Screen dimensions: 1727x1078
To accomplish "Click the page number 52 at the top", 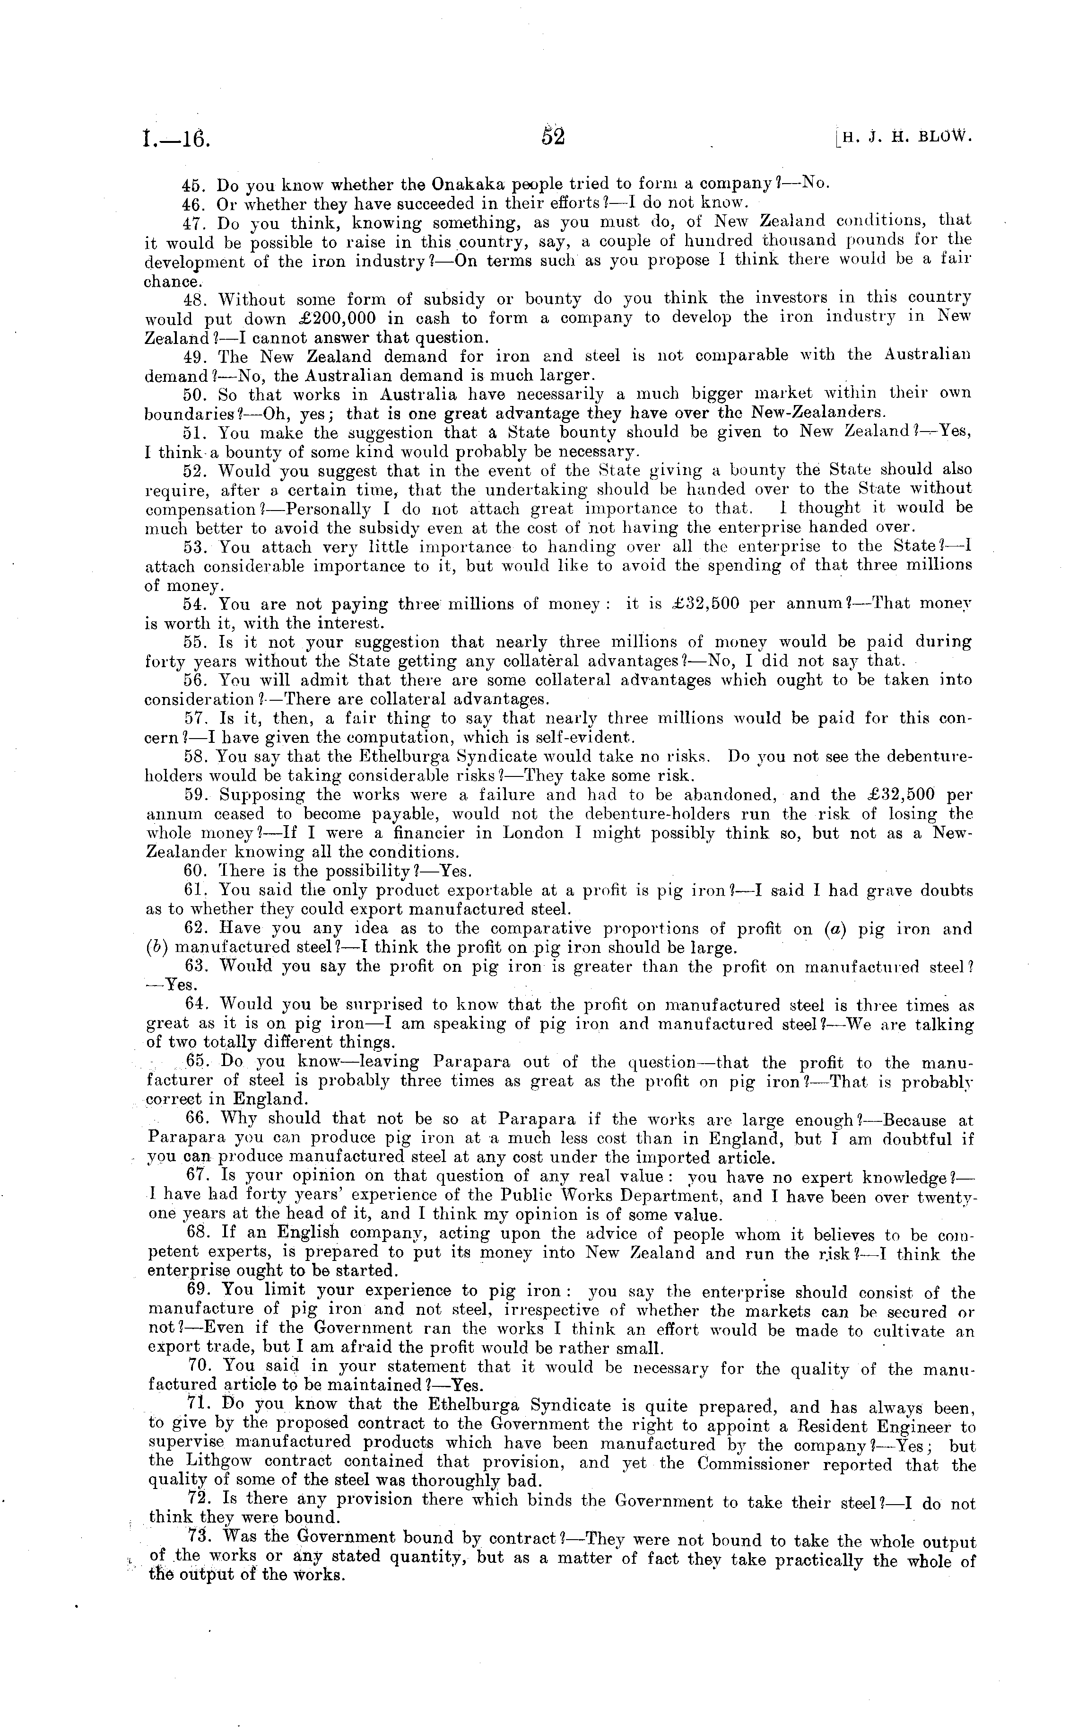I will click(x=553, y=135).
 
